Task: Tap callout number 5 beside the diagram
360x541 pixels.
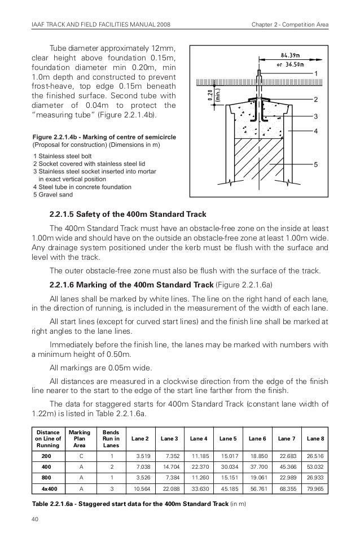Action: (x=316, y=165)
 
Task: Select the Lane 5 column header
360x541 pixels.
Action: (x=227, y=438)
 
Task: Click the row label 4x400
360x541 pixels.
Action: (x=46, y=489)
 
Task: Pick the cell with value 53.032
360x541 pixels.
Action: (x=315, y=466)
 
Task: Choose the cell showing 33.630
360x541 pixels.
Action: (x=199, y=489)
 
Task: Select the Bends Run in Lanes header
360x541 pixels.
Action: (x=111, y=438)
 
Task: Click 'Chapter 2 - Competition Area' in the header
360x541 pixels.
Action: (x=290, y=24)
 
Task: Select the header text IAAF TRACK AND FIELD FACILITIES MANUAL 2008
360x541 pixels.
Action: (x=100, y=24)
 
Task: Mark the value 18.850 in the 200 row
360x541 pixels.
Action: (x=257, y=455)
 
